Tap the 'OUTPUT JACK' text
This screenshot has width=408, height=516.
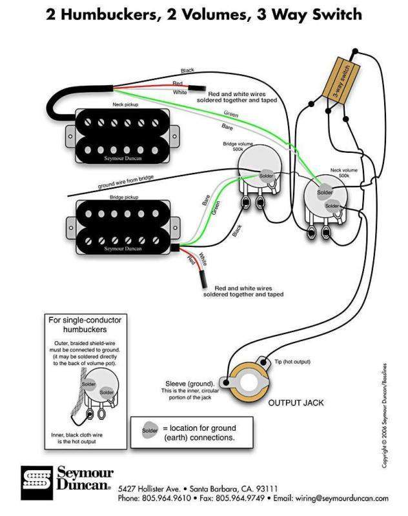[296, 402]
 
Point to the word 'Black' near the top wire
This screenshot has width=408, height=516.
[187, 70]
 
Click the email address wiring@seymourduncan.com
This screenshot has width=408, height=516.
[342, 499]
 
